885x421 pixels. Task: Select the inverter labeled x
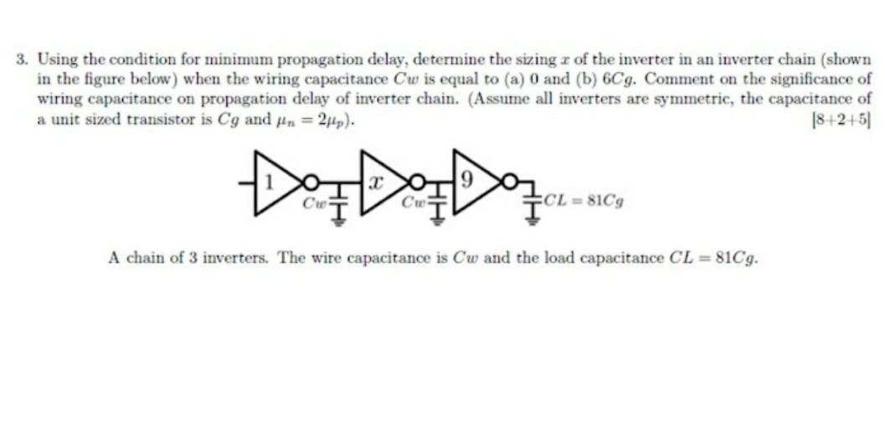[x=374, y=182]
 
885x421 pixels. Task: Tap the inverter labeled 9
[x=470, y=181]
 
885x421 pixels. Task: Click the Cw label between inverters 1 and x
[x=314, y=203]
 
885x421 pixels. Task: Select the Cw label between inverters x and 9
[x=414, y=203]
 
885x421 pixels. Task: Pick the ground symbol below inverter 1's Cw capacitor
[x=338, y=220]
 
